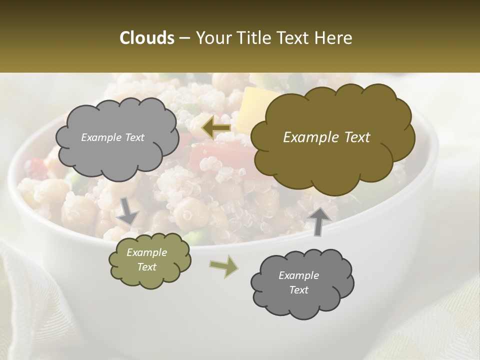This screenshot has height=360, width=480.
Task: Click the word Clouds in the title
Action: tap(146, 38)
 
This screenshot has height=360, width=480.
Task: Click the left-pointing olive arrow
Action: tap(216, 128)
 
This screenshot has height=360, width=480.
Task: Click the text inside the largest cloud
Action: tap(326, 137)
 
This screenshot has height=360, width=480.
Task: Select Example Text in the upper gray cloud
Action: tap(112, 137)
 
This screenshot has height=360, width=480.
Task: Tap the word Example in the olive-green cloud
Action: tap(146, 252)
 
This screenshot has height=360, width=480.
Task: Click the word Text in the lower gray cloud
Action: tap(298, 290)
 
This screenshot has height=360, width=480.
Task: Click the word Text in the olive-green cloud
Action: tap(146, 267)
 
